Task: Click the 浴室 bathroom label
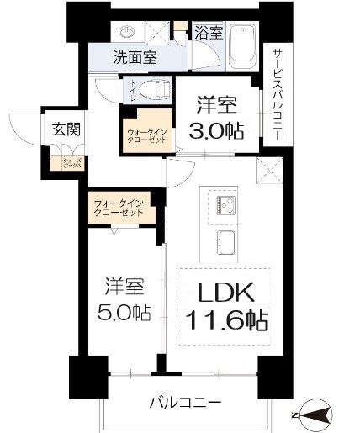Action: pyautogui.click(x=209, y=34)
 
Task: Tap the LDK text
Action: pyautogui.click(x=225, y=294)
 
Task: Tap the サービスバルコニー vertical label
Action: pyautogui.click(x=276, y=92)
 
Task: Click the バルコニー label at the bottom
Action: pyautogui.click(x=186, y=403)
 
